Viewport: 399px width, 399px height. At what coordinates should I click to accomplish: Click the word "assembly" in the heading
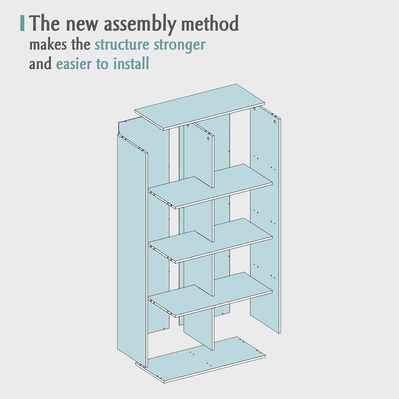coord(140,24)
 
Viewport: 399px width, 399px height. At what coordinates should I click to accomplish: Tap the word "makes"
coord(48,44)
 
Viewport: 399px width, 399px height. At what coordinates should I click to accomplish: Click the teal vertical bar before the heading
coord(22,23)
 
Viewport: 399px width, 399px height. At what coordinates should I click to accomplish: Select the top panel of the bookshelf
coord(200,107)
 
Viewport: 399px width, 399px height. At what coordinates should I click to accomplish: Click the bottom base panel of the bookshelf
coord(201,360)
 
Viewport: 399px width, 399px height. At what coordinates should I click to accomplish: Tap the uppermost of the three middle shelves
coord(210,186)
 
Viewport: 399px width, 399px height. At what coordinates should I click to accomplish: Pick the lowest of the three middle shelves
coord(210,295)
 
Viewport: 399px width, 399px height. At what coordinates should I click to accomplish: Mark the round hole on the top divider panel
coord(208,139)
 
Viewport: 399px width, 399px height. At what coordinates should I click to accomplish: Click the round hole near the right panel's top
coord(275,122)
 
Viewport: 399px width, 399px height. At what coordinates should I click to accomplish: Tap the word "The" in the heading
coord(44,23)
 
